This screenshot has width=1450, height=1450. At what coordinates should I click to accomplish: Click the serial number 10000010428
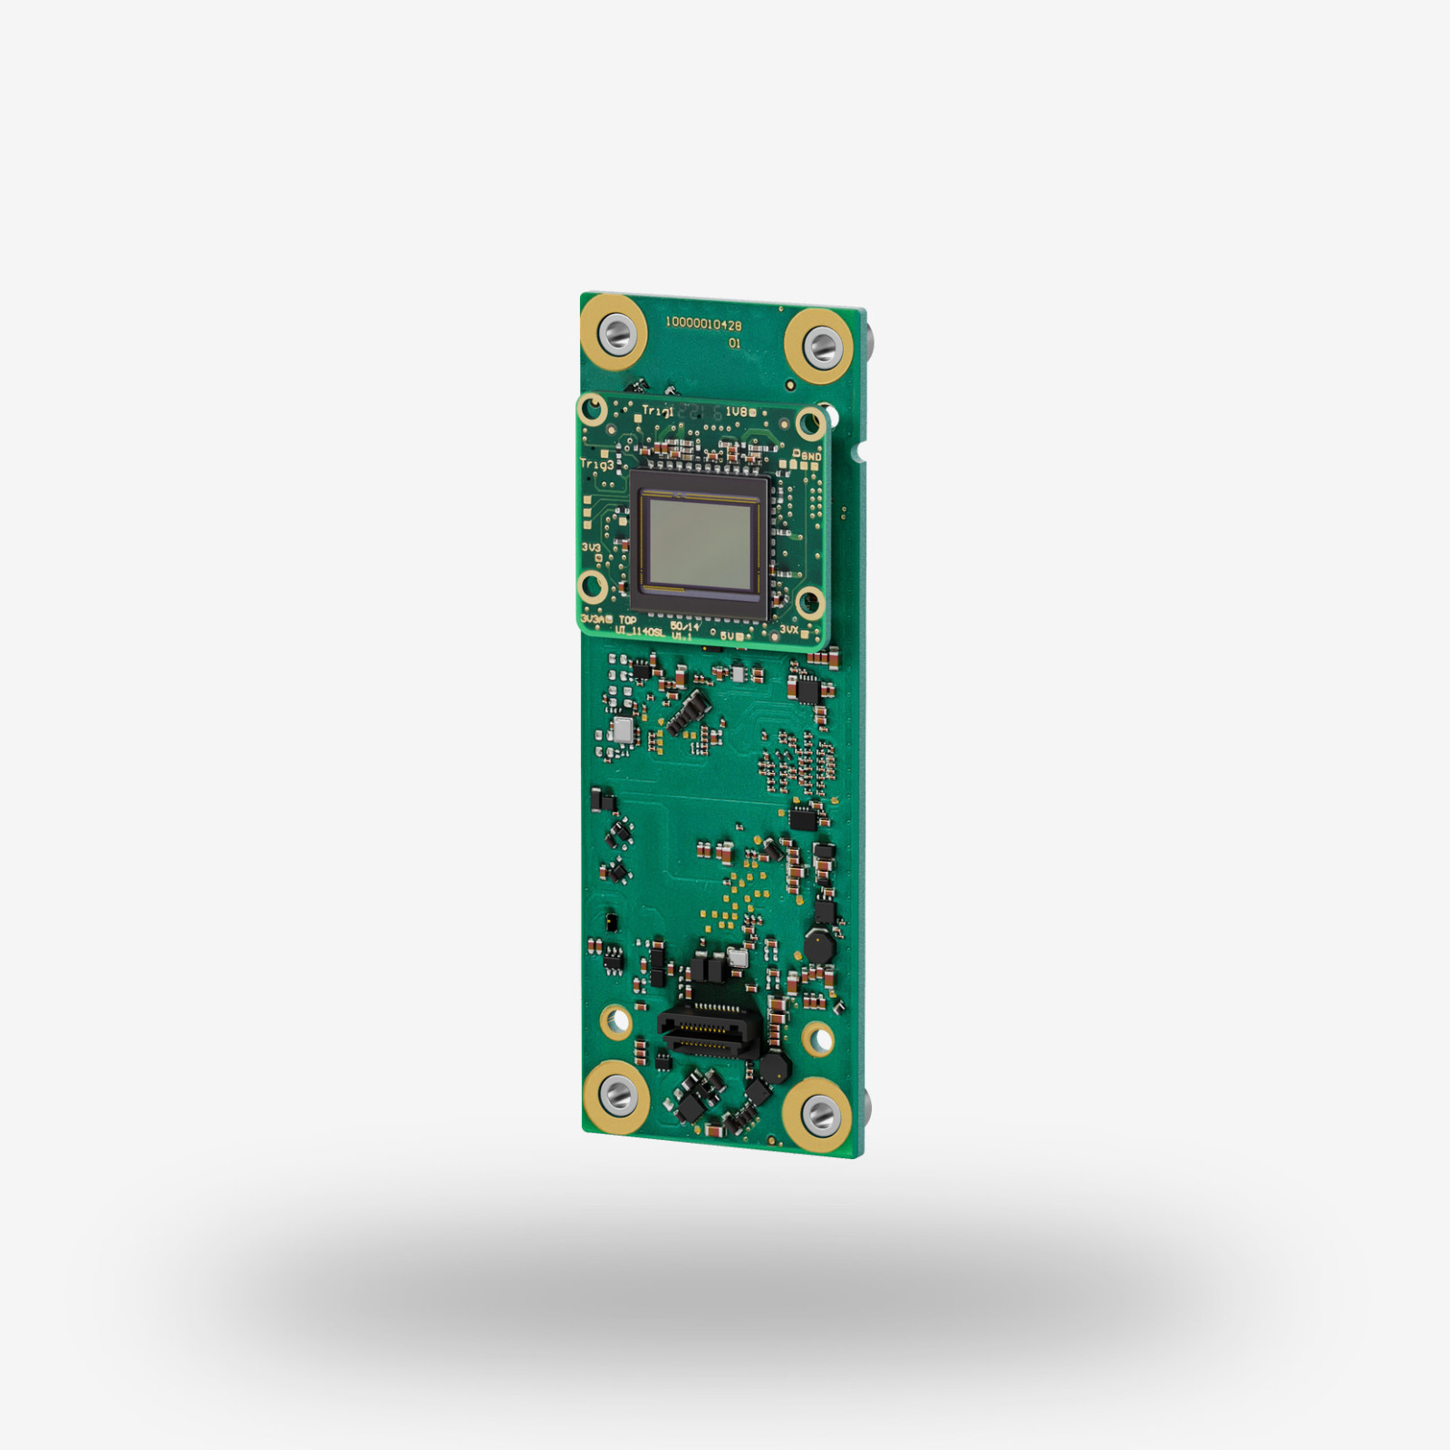tap(703, 324)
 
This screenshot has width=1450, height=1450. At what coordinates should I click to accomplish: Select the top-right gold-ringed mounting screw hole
tap(820, 343)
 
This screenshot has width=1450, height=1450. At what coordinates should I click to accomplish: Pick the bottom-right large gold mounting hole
tap(819, 1114)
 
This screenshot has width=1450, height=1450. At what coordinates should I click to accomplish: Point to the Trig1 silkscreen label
tap(657, 411)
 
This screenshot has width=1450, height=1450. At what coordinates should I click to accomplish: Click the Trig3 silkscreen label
tap(596, 464)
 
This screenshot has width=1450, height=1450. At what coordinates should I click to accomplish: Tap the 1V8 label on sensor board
tap(736, 412)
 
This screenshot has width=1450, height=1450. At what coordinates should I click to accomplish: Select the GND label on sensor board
tap(809, 456)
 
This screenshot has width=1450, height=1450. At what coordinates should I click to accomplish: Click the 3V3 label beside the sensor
tap(591, 547)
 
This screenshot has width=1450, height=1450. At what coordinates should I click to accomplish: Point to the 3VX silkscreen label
tap(788, 629)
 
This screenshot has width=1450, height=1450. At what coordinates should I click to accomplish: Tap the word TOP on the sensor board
tap(627, 621)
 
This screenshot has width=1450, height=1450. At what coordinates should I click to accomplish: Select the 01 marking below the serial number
tap(734, 343)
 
